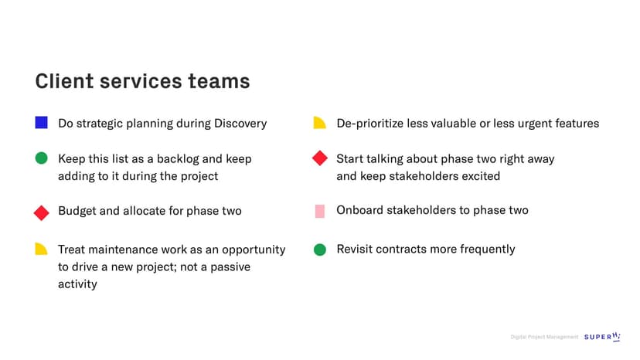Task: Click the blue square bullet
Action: [41, 123]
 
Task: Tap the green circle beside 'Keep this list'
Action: [41, 158]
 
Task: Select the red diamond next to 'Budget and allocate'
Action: [41, 212]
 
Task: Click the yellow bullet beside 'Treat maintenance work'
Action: [41, 249]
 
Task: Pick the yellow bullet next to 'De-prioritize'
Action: [319, 123]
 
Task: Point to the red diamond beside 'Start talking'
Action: [319, 158]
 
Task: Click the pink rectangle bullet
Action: [320, 211]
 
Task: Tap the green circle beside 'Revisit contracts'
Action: [319, 250]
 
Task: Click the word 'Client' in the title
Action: [64, 81]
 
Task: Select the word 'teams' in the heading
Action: [219, 81]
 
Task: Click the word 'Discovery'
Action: [240, 124]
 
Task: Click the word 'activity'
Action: [77, 284]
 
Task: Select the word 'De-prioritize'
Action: [369, 124]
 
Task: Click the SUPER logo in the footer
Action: [602, 337]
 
